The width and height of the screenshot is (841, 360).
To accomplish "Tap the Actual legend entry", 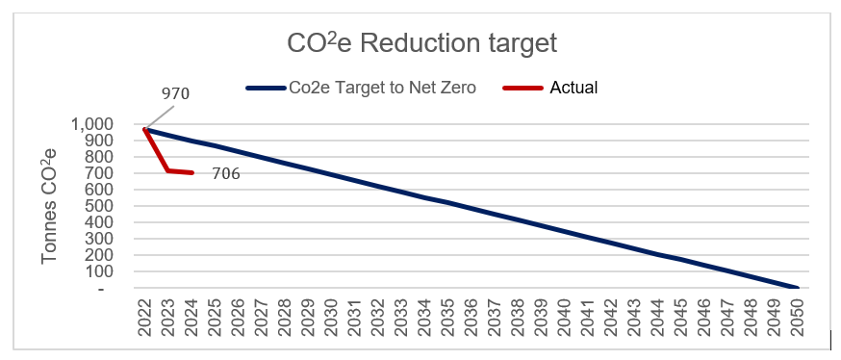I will coord(573,88).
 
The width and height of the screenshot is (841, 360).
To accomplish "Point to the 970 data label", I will coord(175,94).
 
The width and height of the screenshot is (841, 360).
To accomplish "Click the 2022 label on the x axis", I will coord(145,316).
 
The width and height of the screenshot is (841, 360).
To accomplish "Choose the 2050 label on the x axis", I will coord(796,316).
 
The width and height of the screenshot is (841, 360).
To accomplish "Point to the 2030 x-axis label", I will coord(331,316).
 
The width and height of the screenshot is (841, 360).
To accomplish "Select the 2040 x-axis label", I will coord(564,316).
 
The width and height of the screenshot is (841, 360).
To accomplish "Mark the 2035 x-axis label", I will coord(447,316).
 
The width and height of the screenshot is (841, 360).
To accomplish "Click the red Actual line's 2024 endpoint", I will coord(192,172).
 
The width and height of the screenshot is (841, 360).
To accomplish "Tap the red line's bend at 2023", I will coord(168,170).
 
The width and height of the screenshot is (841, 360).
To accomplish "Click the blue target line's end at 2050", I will coord(796,287).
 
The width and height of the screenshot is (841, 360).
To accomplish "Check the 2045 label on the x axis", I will coord(679,316).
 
